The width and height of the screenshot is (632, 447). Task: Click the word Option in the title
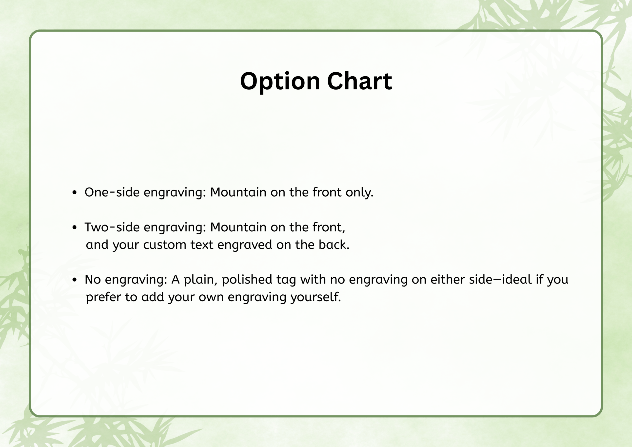(280, 82)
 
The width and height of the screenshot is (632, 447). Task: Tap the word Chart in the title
(359, 81)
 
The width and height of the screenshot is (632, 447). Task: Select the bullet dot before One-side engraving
(74, 193)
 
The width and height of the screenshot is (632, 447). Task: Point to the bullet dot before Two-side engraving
(74, 227)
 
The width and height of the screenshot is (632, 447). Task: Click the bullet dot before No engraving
(74, 280)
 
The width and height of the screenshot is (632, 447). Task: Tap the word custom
(165, 244)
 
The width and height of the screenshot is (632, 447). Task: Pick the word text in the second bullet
(202, 244)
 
